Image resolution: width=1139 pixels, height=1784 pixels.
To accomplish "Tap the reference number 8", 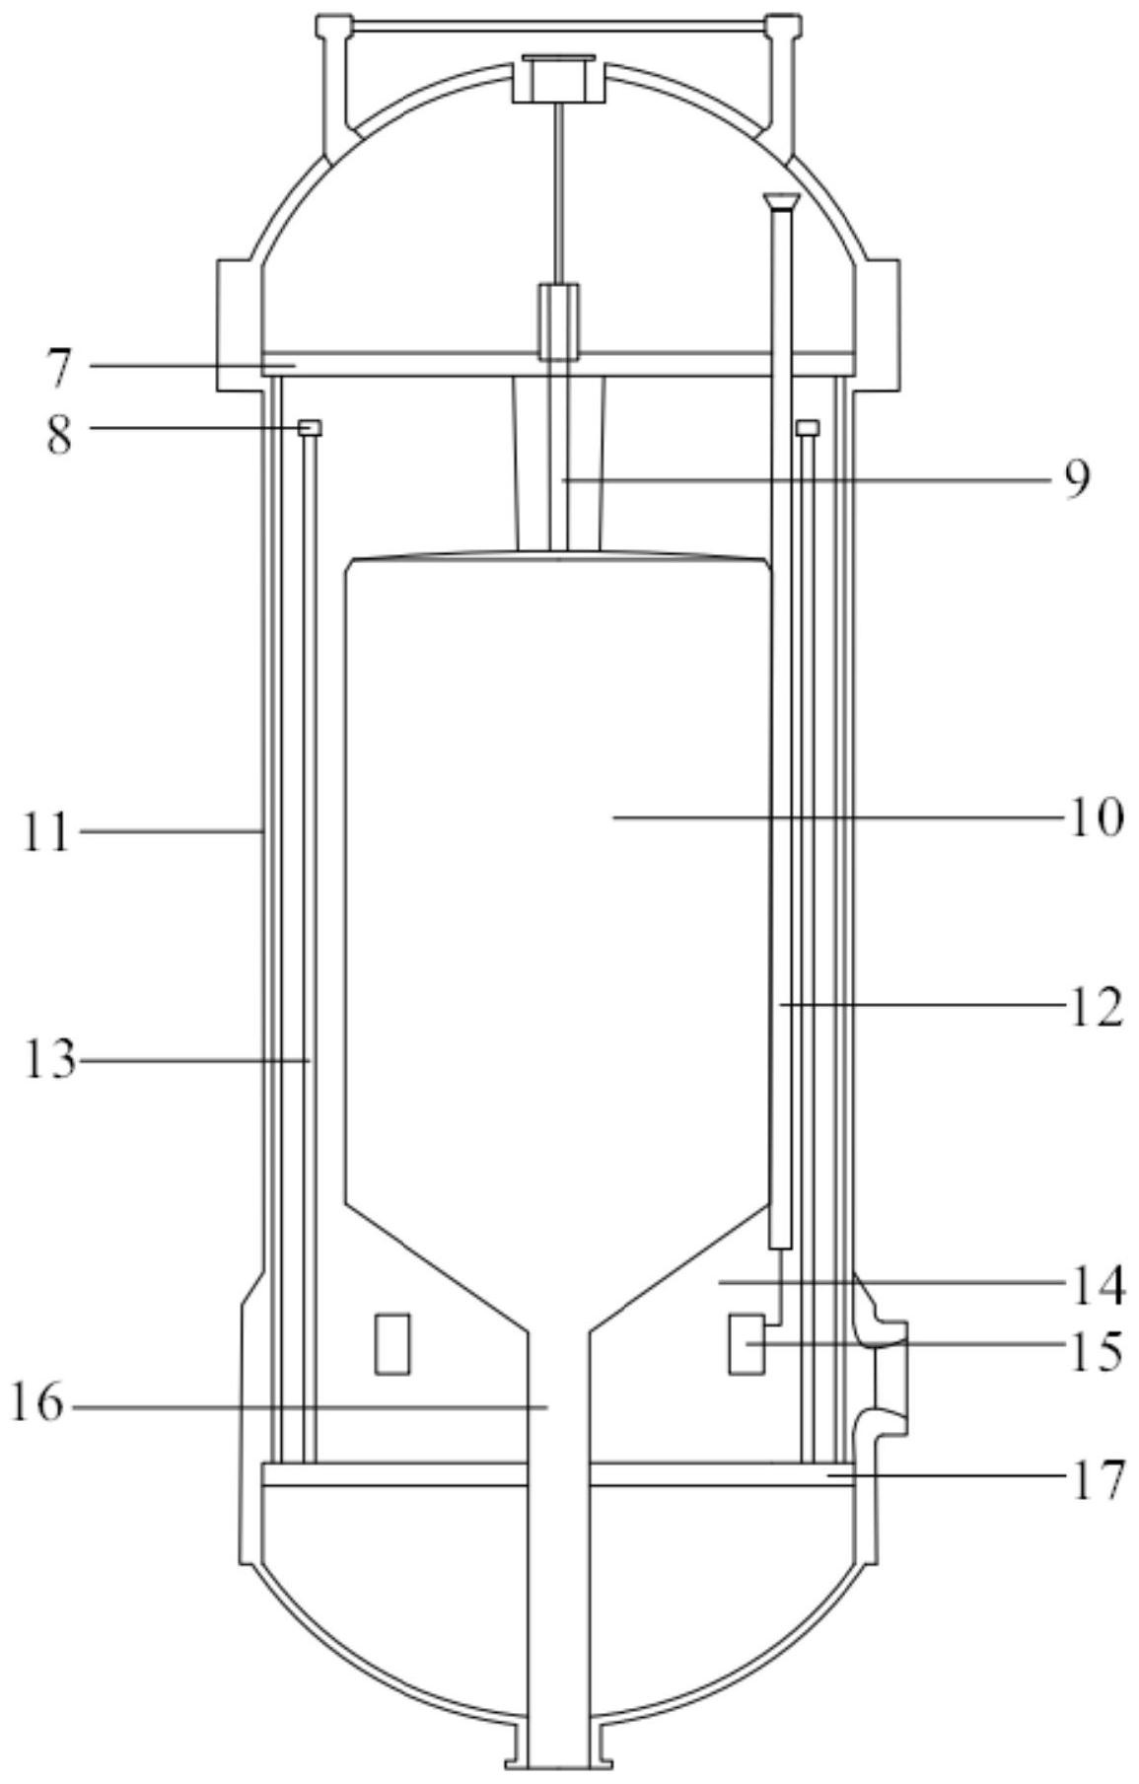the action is [x=59, y=433].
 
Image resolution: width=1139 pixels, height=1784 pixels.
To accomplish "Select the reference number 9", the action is [x=1077, y=480].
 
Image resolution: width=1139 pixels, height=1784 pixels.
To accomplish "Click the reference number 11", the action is [x=48, y=834].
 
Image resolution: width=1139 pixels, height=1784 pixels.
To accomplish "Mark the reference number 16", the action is [x=37, y=1404].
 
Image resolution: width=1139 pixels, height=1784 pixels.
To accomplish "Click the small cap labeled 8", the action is [x=311, y=427].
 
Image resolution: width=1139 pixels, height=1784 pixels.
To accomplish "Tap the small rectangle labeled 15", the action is [x=747, y=1343].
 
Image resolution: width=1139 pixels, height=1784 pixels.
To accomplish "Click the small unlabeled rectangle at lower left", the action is [x=392, y=1343].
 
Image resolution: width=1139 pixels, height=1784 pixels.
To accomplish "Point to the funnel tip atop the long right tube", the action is [x=782, y=203].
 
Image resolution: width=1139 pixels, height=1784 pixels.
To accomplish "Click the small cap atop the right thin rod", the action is [x=808, y=427].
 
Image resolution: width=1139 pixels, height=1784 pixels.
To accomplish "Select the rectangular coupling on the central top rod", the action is [x=558, y=321].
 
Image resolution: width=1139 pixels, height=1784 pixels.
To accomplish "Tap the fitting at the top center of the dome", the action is [x=558, y=78].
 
